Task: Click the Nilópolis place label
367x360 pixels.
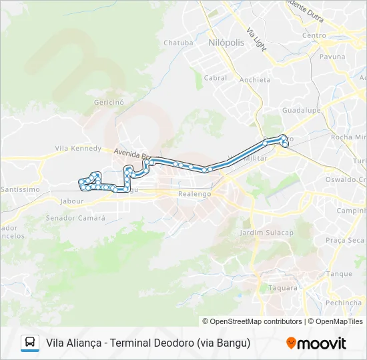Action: (x=226, y=41)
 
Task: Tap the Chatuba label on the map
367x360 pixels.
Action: (x=178, y=43)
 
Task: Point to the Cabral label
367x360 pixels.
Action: (x=216, y=78)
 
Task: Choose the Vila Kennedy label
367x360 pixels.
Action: (x=78, y=149)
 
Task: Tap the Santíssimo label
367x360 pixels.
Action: (x=20, y=189)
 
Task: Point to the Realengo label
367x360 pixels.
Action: (x=195, y=193)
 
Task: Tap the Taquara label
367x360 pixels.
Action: (x=282, y=288)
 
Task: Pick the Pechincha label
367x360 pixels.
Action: (x=344, y=303)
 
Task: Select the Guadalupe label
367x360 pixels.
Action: (x=302, y=110)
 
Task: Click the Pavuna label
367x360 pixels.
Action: (x=332, y=57)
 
